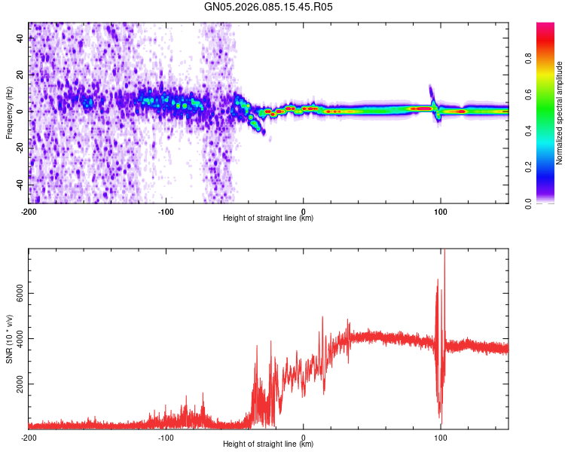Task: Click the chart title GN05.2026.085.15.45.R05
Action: pos(269,8)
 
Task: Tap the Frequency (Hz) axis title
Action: pos(9,112)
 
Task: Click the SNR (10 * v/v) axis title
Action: pos(9,338)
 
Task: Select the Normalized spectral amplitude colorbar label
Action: pos(560,113)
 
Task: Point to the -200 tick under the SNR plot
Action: pos(29,437)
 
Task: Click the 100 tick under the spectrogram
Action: pos(441,212)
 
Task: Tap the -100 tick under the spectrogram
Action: pos(166,212)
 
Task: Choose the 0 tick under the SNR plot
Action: pos(304,437)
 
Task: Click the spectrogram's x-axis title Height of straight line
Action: pos(268,218)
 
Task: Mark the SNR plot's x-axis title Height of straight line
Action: pos(268,444)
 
